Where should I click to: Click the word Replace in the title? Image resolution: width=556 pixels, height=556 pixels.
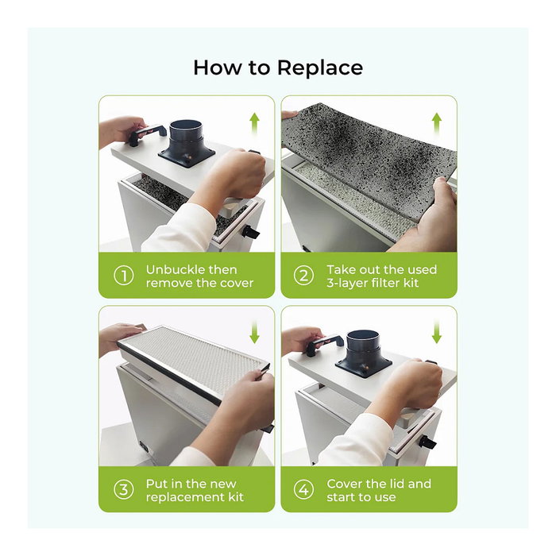320,68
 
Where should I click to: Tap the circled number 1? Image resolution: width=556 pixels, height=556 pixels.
124,276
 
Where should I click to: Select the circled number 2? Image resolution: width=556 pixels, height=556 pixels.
304,276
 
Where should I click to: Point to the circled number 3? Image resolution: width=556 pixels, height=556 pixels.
124,490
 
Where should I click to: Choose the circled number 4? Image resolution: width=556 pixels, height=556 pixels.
304,490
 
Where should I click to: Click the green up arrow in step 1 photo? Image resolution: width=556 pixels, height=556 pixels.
254,123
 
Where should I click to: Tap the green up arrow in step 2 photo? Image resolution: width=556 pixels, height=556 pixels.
437,123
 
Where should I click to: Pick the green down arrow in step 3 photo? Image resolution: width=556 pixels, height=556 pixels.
254,333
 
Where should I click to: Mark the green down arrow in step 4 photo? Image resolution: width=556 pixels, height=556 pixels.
437,333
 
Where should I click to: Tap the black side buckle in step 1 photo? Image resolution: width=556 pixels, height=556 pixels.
250,233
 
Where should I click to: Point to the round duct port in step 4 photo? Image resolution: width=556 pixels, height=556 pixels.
364,352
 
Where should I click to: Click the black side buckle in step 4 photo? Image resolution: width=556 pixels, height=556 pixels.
427,442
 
